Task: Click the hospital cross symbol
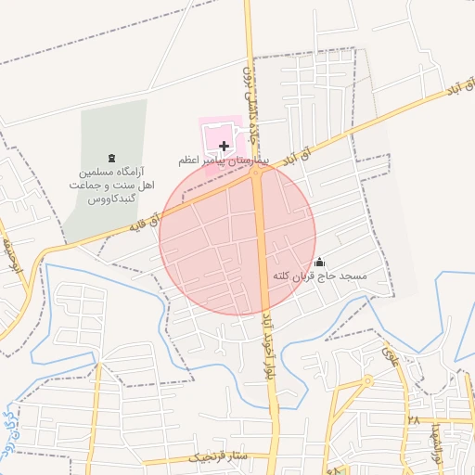click(224, 146)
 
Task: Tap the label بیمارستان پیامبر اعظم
click(224, 160)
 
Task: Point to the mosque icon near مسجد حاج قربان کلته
click(320, 262)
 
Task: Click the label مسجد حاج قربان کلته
click(321, 276)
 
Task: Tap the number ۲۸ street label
click(410, 422)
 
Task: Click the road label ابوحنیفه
click(10, 255)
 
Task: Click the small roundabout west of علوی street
click(368, 380)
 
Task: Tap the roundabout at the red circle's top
click(256, 171)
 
